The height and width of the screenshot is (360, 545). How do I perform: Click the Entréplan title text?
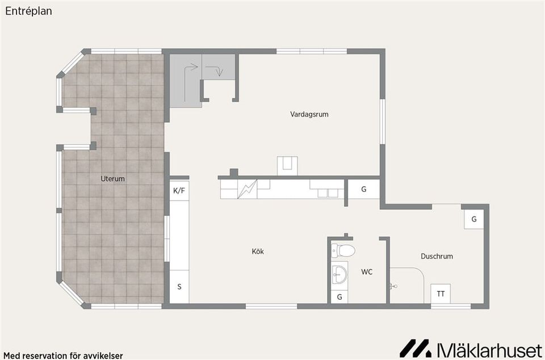tap(29, 11)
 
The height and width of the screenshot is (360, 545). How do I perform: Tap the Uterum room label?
tap(112, 179)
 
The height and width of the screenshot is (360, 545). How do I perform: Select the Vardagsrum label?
tap(309, 114)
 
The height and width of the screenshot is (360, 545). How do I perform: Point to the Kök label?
tap(258, 251)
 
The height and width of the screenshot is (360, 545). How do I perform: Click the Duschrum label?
tap(437, 256)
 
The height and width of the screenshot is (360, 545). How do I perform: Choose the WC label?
tap(367, 272)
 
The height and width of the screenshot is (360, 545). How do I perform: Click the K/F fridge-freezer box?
tap(179, 190)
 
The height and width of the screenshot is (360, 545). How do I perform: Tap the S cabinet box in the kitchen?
tap(179, 287)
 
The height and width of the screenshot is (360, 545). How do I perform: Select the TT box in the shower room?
tap(441, 294)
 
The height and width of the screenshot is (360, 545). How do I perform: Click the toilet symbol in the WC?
tap(343, 250)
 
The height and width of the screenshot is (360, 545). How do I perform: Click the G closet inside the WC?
tap(339, 297)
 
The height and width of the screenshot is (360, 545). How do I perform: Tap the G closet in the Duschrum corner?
tap(473, 219)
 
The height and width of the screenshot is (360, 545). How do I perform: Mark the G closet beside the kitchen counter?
tap(363, 190)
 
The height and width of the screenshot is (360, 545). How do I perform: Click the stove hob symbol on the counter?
tap(247, 190)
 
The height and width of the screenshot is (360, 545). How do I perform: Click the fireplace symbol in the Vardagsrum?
tap(287, 166)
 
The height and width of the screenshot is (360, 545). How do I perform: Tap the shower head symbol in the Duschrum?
tap(393, 286)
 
